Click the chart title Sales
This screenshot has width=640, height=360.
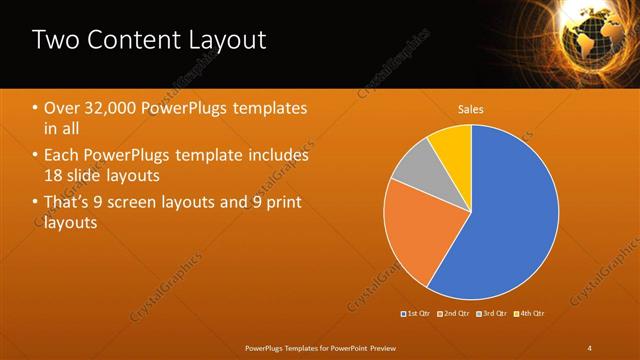click(x=471, y=108)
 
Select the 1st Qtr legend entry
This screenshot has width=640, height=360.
click(x=416, y=314)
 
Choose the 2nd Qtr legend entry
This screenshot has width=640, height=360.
click(x=454, y=314)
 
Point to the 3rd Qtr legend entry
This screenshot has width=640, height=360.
click(x=491, y=314)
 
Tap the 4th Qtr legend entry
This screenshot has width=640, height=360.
click(x=529, y=314)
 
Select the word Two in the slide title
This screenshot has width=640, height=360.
click(x=55, y=40)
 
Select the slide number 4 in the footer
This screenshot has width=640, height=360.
click(x=590, y=347)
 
